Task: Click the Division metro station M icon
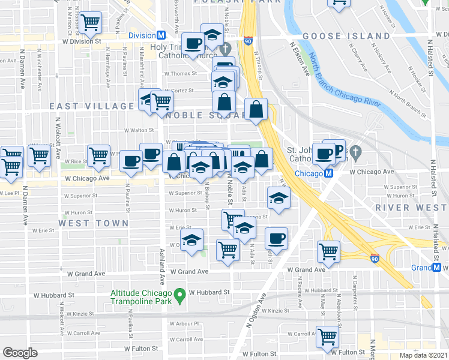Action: pos(161,35)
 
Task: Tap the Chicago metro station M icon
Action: pos(328,173)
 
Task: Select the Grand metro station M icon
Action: pos(436,268)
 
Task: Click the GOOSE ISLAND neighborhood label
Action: pos(346,36)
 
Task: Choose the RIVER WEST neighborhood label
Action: pos(411,208)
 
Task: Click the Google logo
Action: pos(20,353)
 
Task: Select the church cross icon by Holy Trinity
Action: pos(226,48)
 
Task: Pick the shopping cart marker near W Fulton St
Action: pos(327,337)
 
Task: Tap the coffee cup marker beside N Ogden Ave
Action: pos(276,238)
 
